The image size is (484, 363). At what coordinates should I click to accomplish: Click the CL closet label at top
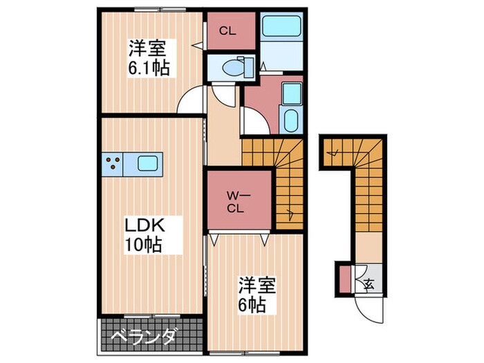[227, 31]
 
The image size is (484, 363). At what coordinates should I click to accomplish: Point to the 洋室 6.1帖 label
[149, 58]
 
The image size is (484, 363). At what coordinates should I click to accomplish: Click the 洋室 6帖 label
[257, 295]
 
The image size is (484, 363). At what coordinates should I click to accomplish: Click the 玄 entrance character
[369, 283]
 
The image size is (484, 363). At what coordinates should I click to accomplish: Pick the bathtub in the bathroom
[281, 26]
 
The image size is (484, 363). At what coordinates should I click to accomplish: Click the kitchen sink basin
[148, 163]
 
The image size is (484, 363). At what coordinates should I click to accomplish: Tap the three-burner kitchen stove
[113, 164]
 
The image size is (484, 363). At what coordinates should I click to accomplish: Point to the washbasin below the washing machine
[290, 120]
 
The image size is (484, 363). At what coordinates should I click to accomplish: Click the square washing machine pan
[292, 93]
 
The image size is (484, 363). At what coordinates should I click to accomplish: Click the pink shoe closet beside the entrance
[345, 279]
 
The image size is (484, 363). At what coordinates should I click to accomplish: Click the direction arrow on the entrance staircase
[334, 152]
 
